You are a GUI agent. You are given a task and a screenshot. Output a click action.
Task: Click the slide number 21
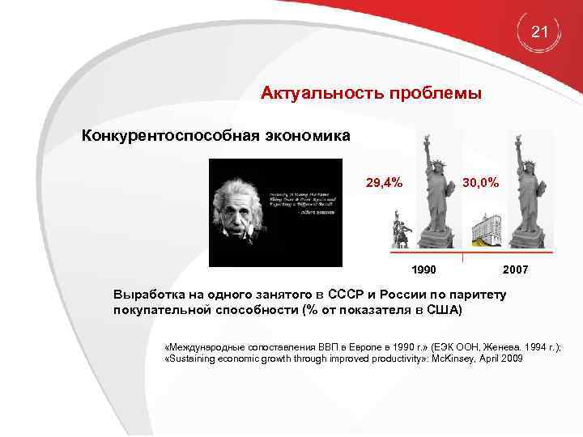coord(540,32)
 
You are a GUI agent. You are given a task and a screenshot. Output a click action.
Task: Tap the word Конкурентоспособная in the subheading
coord(170,135)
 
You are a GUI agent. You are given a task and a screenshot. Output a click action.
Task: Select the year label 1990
coord(423,268)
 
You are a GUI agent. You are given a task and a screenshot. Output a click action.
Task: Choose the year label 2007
coord(516,268)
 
